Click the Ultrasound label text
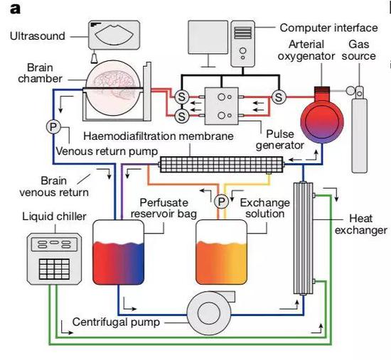pos(38,36)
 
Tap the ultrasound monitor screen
pos(114,35)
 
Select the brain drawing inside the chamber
pos(114,85)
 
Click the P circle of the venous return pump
pos(53,127)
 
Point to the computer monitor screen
pos(208,37)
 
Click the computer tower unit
pos(242,44)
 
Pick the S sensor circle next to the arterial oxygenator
pos(279,97)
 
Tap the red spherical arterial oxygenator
pos(322,119)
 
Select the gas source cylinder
pos(359,129)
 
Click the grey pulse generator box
pos(221,106)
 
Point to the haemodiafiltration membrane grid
pos(221,164)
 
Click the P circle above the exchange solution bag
pos(221,201)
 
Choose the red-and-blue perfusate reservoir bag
pos(119,252)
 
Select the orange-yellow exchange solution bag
pos(221,252)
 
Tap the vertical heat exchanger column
pos(304,238)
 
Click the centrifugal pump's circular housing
pos(209,313)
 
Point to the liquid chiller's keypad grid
pos(54,269)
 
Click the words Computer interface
pos(328,28)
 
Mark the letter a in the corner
pos(15,9)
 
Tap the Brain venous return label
pos(54,186)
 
